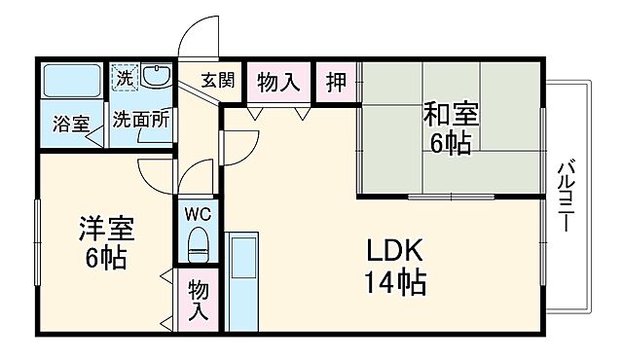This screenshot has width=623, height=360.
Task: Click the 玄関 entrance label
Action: click(218, 82)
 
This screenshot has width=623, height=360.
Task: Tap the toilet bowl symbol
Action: click(198, 243)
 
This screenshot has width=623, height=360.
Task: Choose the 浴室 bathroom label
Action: click(71, 124)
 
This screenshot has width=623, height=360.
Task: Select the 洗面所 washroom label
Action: click(140, 121)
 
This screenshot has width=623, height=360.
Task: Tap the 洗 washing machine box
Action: click(124, 75)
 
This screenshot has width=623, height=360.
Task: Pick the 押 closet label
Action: click(336, 82)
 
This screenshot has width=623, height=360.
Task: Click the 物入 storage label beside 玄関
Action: click(277, 82)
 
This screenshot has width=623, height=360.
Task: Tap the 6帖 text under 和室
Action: click(450, 144)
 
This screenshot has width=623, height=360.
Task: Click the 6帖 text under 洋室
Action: click(104, 260)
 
